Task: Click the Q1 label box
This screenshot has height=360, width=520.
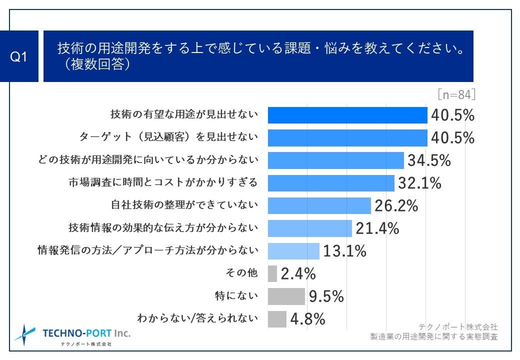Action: click(19, 56)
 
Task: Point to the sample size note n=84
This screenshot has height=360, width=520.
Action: click(456, 94)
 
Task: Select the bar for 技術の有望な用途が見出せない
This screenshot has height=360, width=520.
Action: click(347, 115)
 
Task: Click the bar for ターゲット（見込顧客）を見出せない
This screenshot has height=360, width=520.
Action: click(347, 137)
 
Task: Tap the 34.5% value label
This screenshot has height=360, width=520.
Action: click(429, 160)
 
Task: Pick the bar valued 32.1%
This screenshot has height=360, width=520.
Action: click(331, 183)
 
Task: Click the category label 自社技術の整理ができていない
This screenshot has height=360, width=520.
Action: click(184, 205)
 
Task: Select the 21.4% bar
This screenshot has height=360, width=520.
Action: click(310, 228)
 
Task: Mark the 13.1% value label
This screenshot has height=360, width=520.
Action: click(344, 251)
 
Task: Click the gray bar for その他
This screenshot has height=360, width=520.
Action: click(272, 273)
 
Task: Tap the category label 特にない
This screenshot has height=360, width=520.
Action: click(242, 295)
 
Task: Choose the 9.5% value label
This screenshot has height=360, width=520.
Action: click(326, 296)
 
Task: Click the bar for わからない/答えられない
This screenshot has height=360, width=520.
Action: click(277, 318)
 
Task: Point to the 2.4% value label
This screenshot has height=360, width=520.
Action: click(298, 274)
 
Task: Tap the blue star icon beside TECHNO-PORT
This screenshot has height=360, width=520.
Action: click(24, 334)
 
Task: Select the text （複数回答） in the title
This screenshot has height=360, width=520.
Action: click(94, 65)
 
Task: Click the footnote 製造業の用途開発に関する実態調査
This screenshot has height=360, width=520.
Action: click(433, 336)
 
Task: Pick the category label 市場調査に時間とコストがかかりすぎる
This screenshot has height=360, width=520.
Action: click(163, 182)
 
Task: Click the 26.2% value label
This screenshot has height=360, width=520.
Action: click(395, 205)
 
